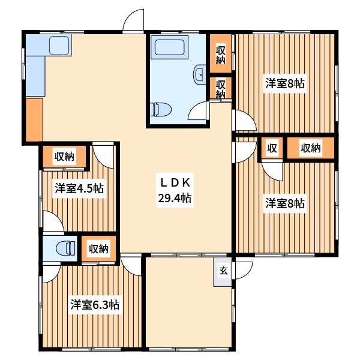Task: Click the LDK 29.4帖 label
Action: (175, 190)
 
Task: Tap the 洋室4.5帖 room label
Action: (79, 188)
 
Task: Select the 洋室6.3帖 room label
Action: (95, 305)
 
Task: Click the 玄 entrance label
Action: (223, 271)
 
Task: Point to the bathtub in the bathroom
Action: (170, 47)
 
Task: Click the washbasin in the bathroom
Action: (200, 74)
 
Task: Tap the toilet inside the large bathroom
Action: (161, 109)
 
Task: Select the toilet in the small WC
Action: (65, 248)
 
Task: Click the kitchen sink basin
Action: (59, 45)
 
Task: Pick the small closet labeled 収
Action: (272, 148)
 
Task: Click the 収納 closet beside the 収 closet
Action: (311, 148)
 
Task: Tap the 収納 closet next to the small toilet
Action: (98, 248)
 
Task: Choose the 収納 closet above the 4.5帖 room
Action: (65, 157)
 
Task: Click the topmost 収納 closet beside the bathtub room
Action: (221, 53)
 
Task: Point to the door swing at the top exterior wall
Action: (133, 20)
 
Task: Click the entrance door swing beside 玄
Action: (244, 270)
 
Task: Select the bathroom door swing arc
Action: (197, 110)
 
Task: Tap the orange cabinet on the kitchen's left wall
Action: (34, 119)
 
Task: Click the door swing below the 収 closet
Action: (272, 172)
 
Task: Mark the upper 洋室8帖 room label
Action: (285, 83)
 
